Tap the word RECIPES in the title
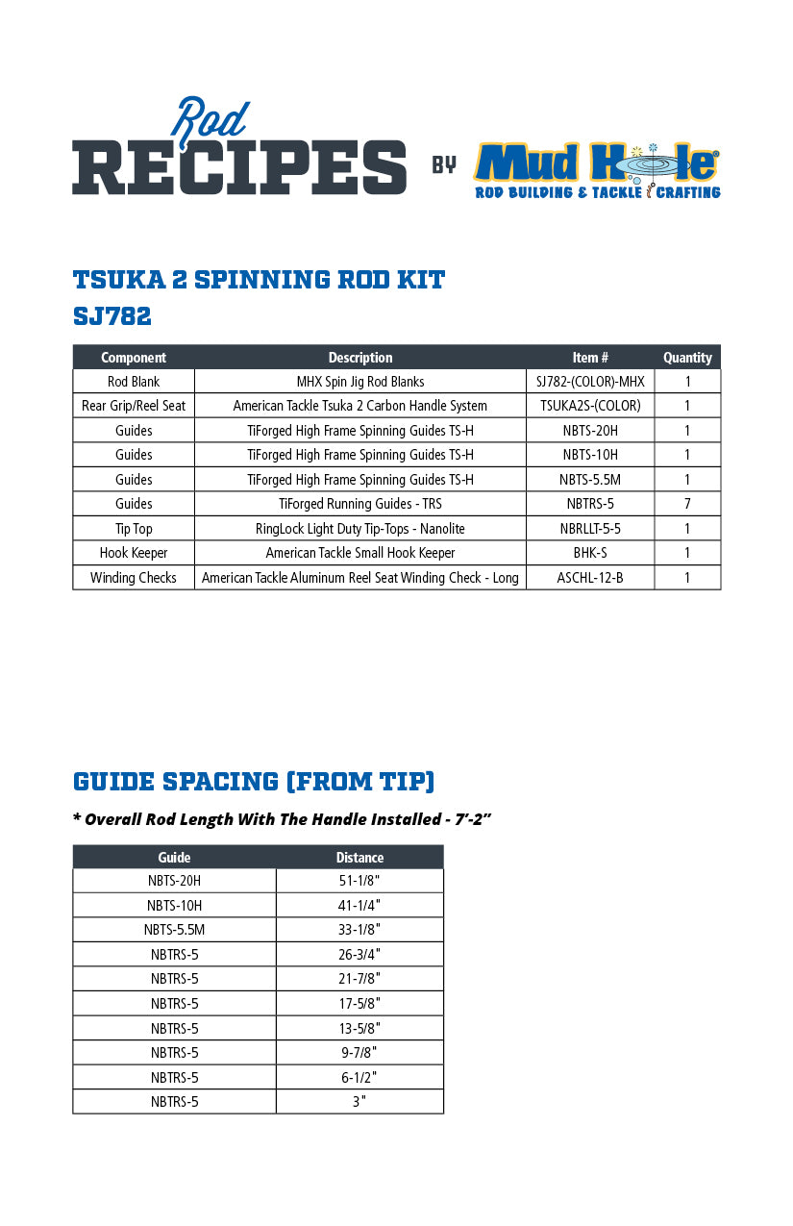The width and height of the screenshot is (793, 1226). [x=239, y=165]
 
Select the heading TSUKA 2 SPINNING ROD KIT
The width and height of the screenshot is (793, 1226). [x=259, y=280]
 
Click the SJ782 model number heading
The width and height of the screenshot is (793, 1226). [x=112, y=315]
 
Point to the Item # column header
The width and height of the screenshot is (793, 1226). [x=590, y=358]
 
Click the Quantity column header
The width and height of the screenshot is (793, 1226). [x=687, y=358]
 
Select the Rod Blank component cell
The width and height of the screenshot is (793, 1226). [x=134, y=382]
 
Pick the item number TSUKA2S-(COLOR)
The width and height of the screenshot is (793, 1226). [x=590, y=406]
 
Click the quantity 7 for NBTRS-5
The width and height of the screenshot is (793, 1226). [x=687, y=504]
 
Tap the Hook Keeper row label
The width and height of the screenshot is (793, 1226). [x=134, y=553]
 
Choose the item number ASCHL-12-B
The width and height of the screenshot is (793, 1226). [x=590, y=578]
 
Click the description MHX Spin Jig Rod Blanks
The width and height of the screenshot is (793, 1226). [x=360, y=382]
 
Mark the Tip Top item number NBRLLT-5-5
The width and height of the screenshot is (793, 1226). [x=590, y=529]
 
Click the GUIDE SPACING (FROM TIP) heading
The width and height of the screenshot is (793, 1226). [x=254, y=781]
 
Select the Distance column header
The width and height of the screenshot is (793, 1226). [x=359, y=858]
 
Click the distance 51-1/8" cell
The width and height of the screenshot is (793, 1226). [x=359, y=881]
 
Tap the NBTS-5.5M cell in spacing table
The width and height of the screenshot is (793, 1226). [x=174, y=930]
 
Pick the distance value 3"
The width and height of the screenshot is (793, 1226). [x=359, y=1102]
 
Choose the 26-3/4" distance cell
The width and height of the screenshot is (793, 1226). [x=359, y=955]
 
